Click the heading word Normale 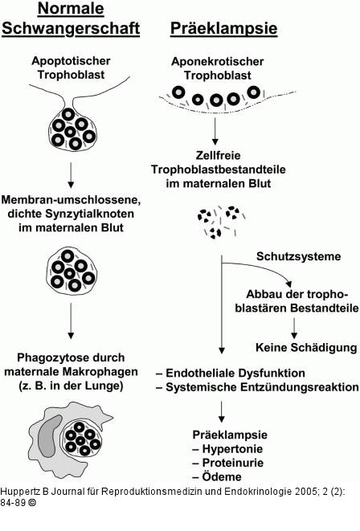coord(70,9)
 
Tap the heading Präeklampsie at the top coord(223,29)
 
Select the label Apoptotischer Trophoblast coord(71,67)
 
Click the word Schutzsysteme coord(298,257)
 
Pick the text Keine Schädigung coord(305,347)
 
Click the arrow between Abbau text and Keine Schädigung coord(294,327)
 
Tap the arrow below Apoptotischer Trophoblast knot coord(71,173)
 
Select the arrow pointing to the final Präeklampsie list coord(220,411)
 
